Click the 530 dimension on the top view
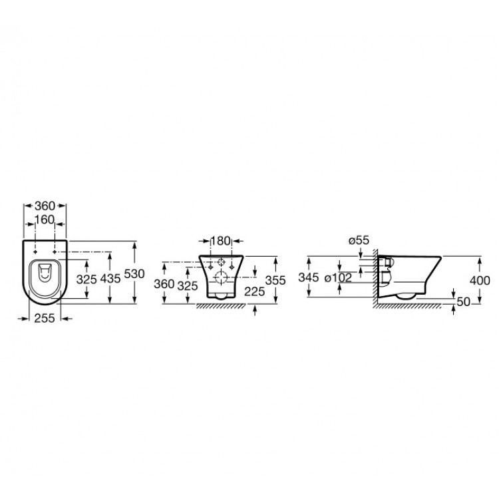click(134, 273)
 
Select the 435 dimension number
click(110, 279)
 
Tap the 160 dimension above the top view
click(45, 220)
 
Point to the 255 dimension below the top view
click(45, 318)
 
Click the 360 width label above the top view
click(45, 206)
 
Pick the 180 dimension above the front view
click(220, 241)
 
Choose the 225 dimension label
click(255, 291)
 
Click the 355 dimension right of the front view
click(275, 280)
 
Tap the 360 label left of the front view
click(164, 284)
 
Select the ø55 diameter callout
click(359, 240)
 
